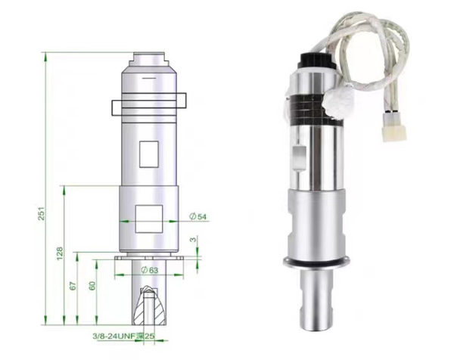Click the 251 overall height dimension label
coord(42,213)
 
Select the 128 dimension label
coord(60,253)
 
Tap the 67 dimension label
coord(73,286)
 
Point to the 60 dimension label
coord(92,286)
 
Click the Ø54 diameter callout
coord(198,216)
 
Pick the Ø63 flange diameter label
coord(150,270)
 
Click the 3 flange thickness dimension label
coord(193,239)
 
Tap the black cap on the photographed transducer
coord(317,61)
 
